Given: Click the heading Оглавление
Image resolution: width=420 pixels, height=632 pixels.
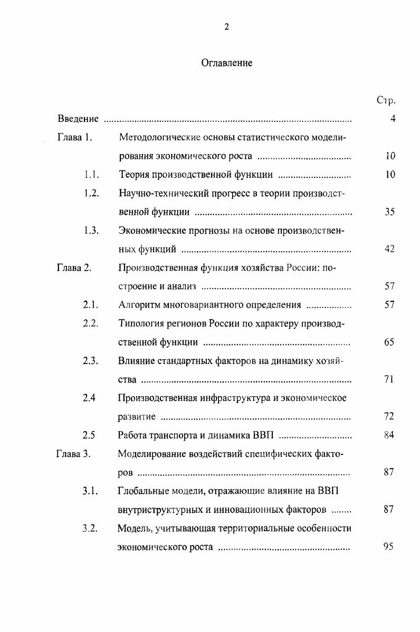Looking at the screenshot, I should pos(226,63).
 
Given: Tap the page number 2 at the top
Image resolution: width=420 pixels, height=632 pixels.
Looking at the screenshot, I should pos(226,28).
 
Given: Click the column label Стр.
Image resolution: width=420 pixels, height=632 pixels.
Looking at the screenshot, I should pos(387,100).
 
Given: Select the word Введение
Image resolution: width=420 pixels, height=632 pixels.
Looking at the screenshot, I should pos(78,119).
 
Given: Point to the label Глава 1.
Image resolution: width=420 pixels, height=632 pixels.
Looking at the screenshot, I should pos(75,138).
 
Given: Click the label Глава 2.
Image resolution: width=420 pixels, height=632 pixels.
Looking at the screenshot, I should pos(74,267).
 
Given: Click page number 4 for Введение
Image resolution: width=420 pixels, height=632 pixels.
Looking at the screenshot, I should pos(393,119).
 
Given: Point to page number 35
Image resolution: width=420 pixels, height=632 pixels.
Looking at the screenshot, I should pos(390,212).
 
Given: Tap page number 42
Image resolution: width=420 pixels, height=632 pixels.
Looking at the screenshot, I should pos(390,249).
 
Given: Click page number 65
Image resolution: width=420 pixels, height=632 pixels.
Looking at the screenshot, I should pos(390,342).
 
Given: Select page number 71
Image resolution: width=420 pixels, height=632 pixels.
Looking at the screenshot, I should pos(390,379).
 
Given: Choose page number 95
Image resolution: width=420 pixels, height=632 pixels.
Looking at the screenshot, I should pos(389,547).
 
